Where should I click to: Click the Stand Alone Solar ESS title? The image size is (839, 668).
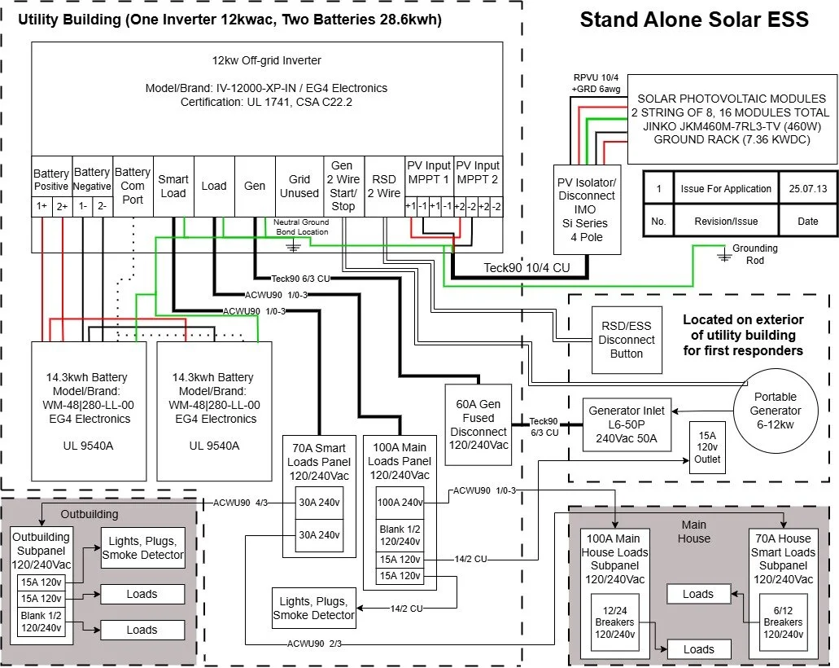point(694,20)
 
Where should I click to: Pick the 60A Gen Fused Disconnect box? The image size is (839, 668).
point(478,424)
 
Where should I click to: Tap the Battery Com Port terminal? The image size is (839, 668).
point(133,186)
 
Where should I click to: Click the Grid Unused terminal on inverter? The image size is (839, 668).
point(299,186)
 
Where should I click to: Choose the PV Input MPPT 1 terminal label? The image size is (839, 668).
point(428,172)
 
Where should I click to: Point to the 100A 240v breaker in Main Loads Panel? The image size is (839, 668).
point(399,502)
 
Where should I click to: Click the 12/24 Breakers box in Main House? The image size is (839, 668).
point(615,622)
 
